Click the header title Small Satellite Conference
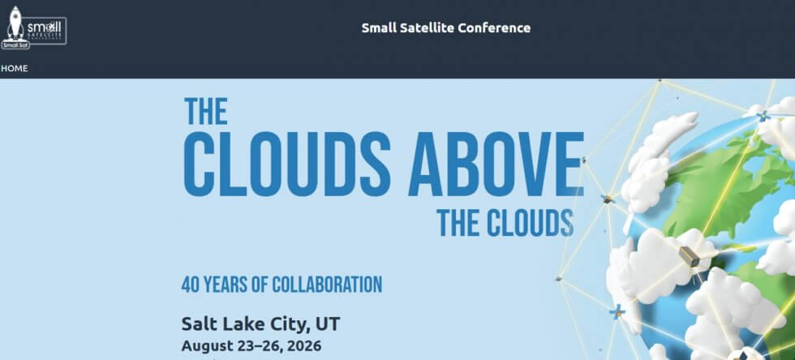(445, 28)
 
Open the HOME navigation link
(14, 68)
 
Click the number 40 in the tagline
(189, 285)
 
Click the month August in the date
(207, 346)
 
